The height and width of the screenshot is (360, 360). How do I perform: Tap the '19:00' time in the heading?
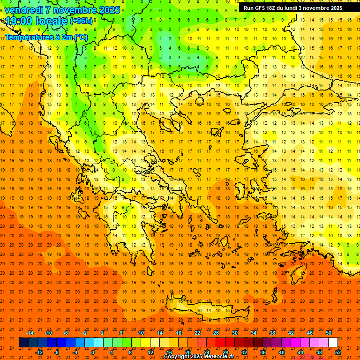pos(19,21)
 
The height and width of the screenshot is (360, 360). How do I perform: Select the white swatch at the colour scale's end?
pos(333,343)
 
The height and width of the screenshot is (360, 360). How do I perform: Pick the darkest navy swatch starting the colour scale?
pos(23,343)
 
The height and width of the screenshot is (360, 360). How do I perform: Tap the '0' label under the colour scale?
pos(93,352)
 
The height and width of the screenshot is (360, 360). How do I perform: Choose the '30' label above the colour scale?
pos(234,333)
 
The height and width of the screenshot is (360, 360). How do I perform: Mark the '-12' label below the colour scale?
pos(39,352)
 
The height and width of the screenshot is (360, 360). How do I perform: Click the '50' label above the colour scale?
pos(329,333)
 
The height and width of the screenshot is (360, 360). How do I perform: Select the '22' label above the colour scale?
pos(197,333)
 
